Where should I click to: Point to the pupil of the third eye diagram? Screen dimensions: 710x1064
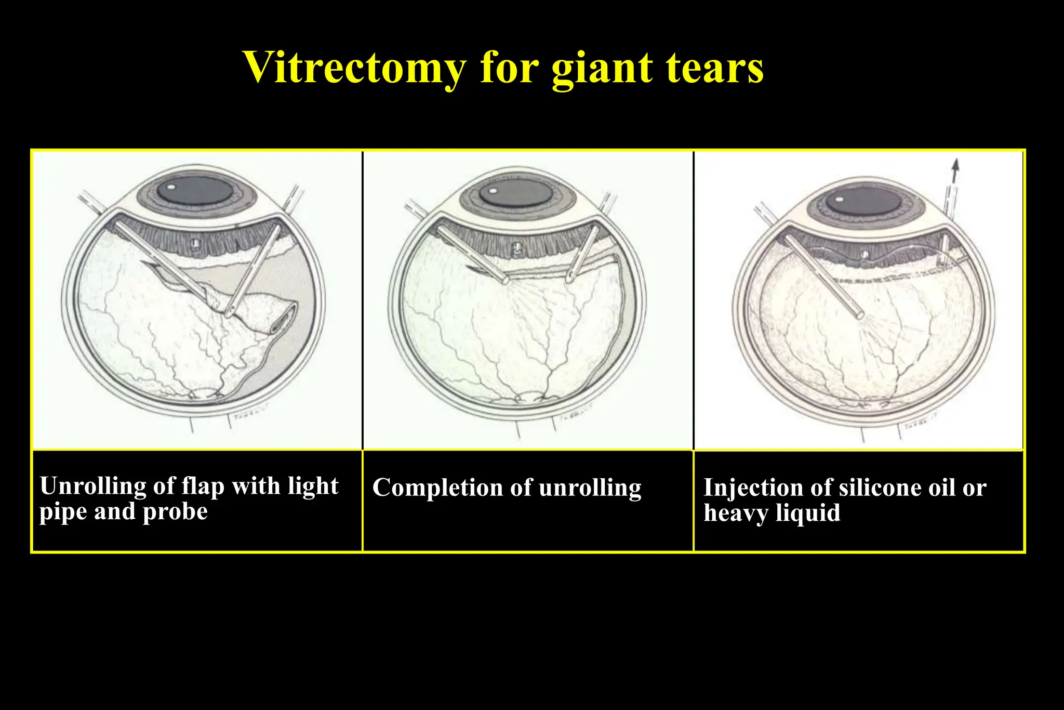tap(862, 201)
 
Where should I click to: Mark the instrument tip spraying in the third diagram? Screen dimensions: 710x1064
tap(860, 315)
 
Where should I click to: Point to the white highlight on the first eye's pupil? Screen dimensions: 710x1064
tap(171, 186)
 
